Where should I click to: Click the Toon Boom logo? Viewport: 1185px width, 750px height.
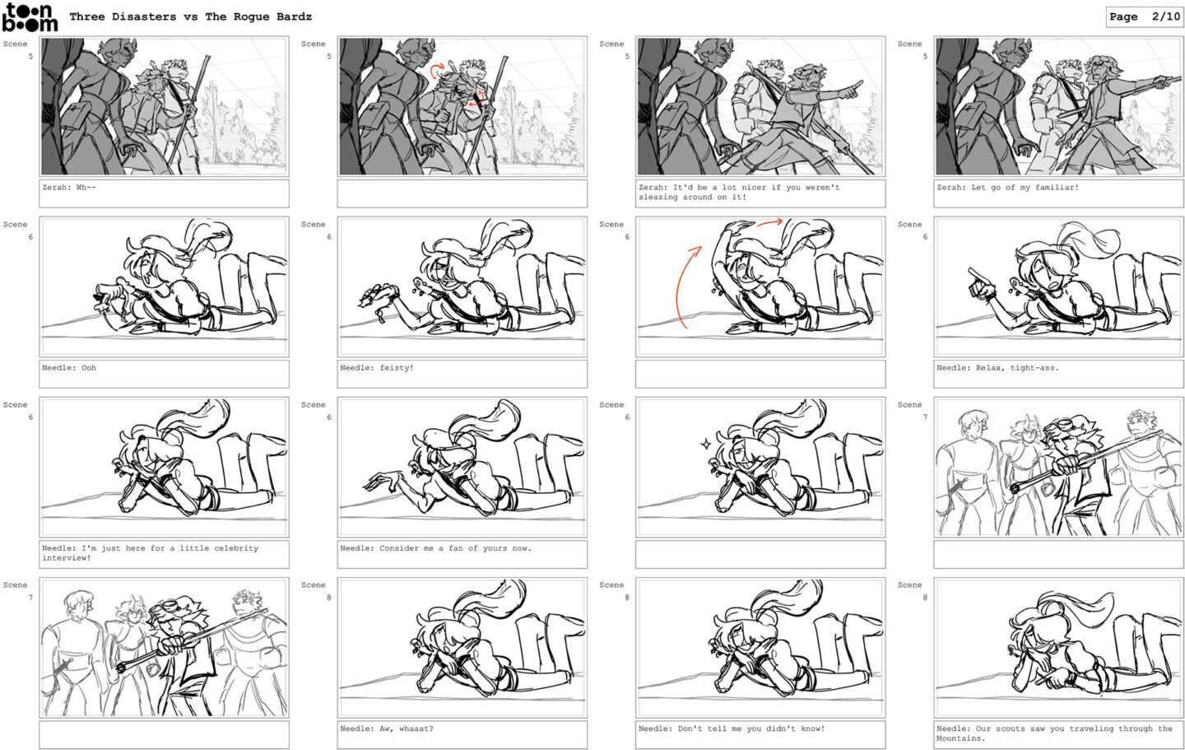click(30, 17)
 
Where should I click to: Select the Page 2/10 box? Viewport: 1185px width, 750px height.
click(1144, 17)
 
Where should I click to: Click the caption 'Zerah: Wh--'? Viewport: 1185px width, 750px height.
click(69, 188)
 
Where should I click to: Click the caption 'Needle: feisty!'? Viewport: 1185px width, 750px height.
click(377, 368)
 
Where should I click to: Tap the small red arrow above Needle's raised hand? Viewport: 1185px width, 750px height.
click(769, 222)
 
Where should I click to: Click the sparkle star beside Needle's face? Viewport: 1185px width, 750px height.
click(705, 444)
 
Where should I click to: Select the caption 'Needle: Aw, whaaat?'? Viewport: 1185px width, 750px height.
click(387, 729)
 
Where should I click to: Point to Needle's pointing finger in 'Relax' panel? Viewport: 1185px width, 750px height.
click(975, 275)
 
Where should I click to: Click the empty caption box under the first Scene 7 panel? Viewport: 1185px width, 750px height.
click(1058, 554)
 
